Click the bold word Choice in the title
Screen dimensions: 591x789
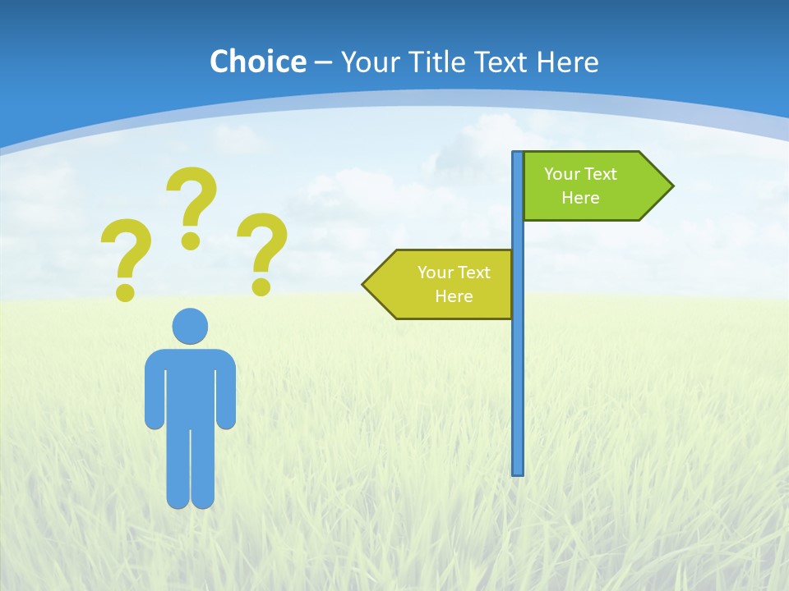coord(257,62)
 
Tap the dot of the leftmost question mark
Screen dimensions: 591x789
coord(125,291)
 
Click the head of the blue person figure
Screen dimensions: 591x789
coord(190,326)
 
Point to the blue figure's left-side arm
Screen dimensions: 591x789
coord(155,394)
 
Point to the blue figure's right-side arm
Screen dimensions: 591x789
coord(226,394)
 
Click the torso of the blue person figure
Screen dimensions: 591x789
coord(190,386)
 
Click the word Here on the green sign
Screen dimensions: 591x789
coord(580,198)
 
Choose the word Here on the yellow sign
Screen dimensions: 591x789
coord(454,296)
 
